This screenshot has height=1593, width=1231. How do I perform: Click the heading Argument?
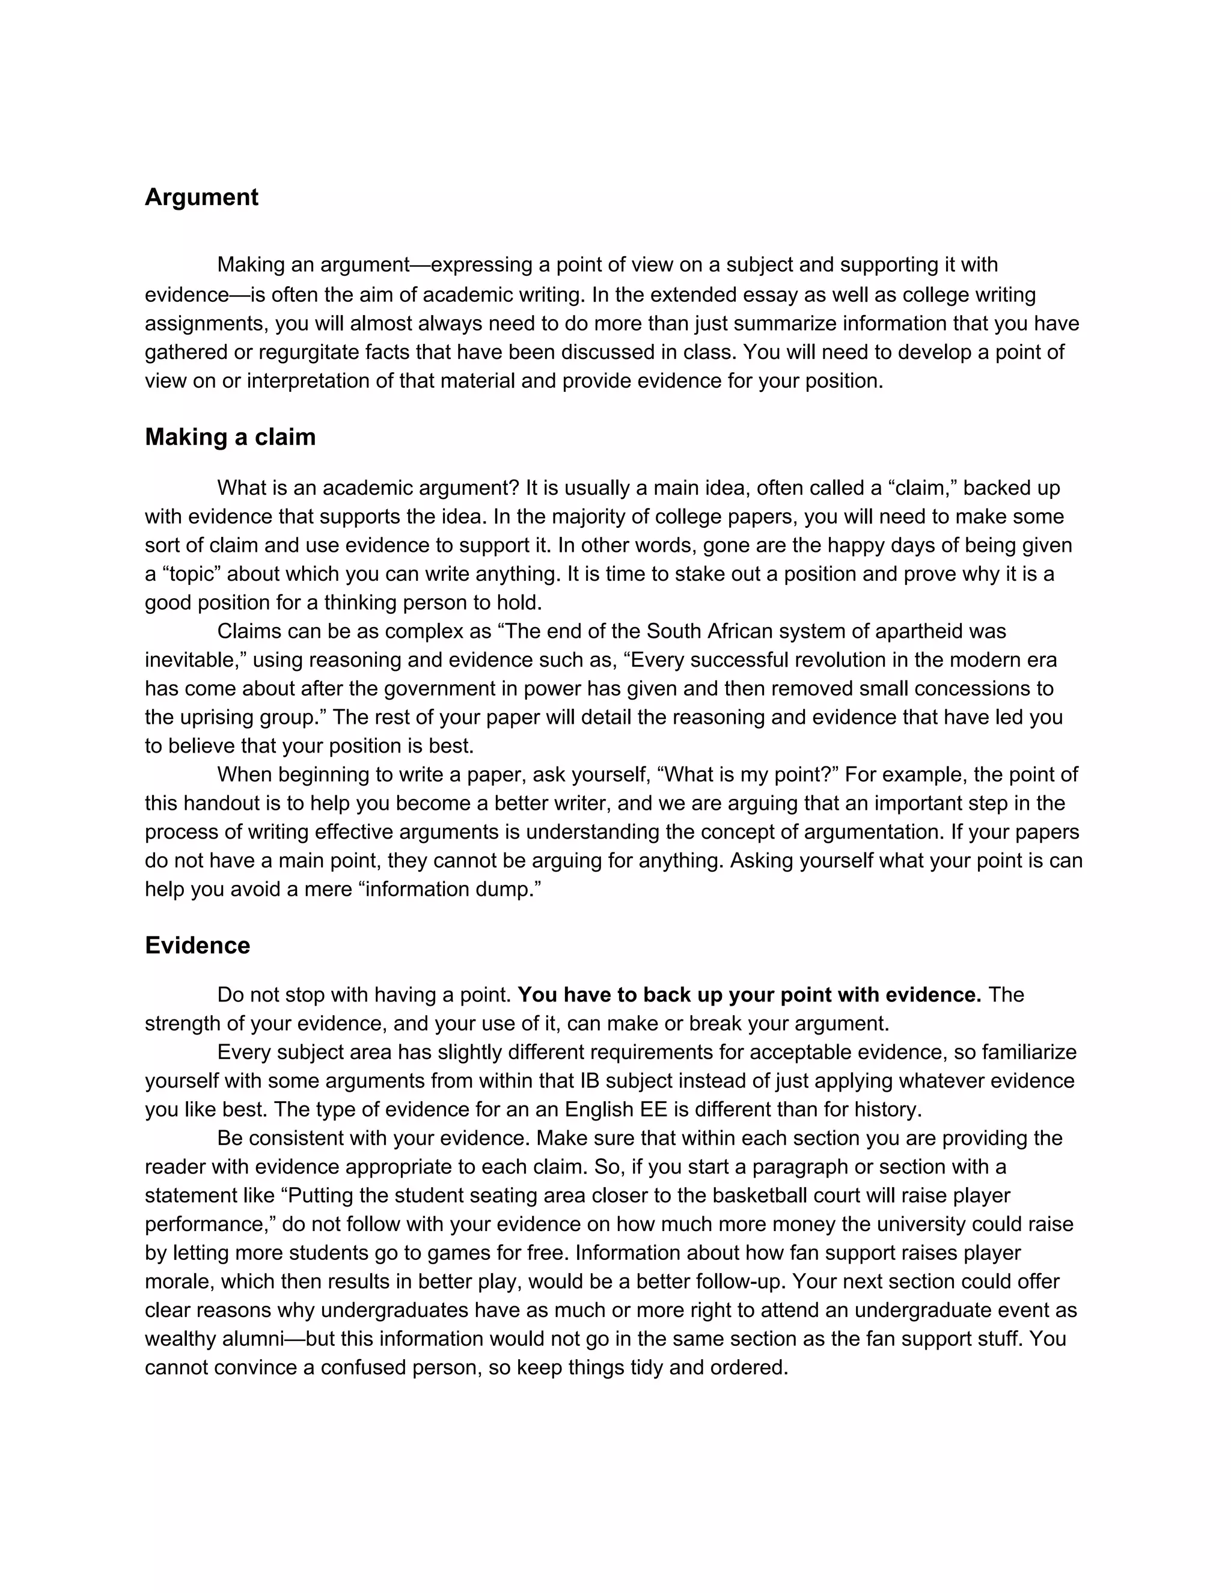coord(201,198)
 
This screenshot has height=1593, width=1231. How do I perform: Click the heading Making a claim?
coord(230,437)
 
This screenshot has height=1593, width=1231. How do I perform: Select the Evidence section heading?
coord(198,946)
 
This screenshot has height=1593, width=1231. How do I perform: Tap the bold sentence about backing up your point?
coord(749,995)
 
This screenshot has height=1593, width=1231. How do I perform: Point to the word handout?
coord(226,804)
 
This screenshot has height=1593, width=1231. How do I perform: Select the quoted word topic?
coord(188,574)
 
